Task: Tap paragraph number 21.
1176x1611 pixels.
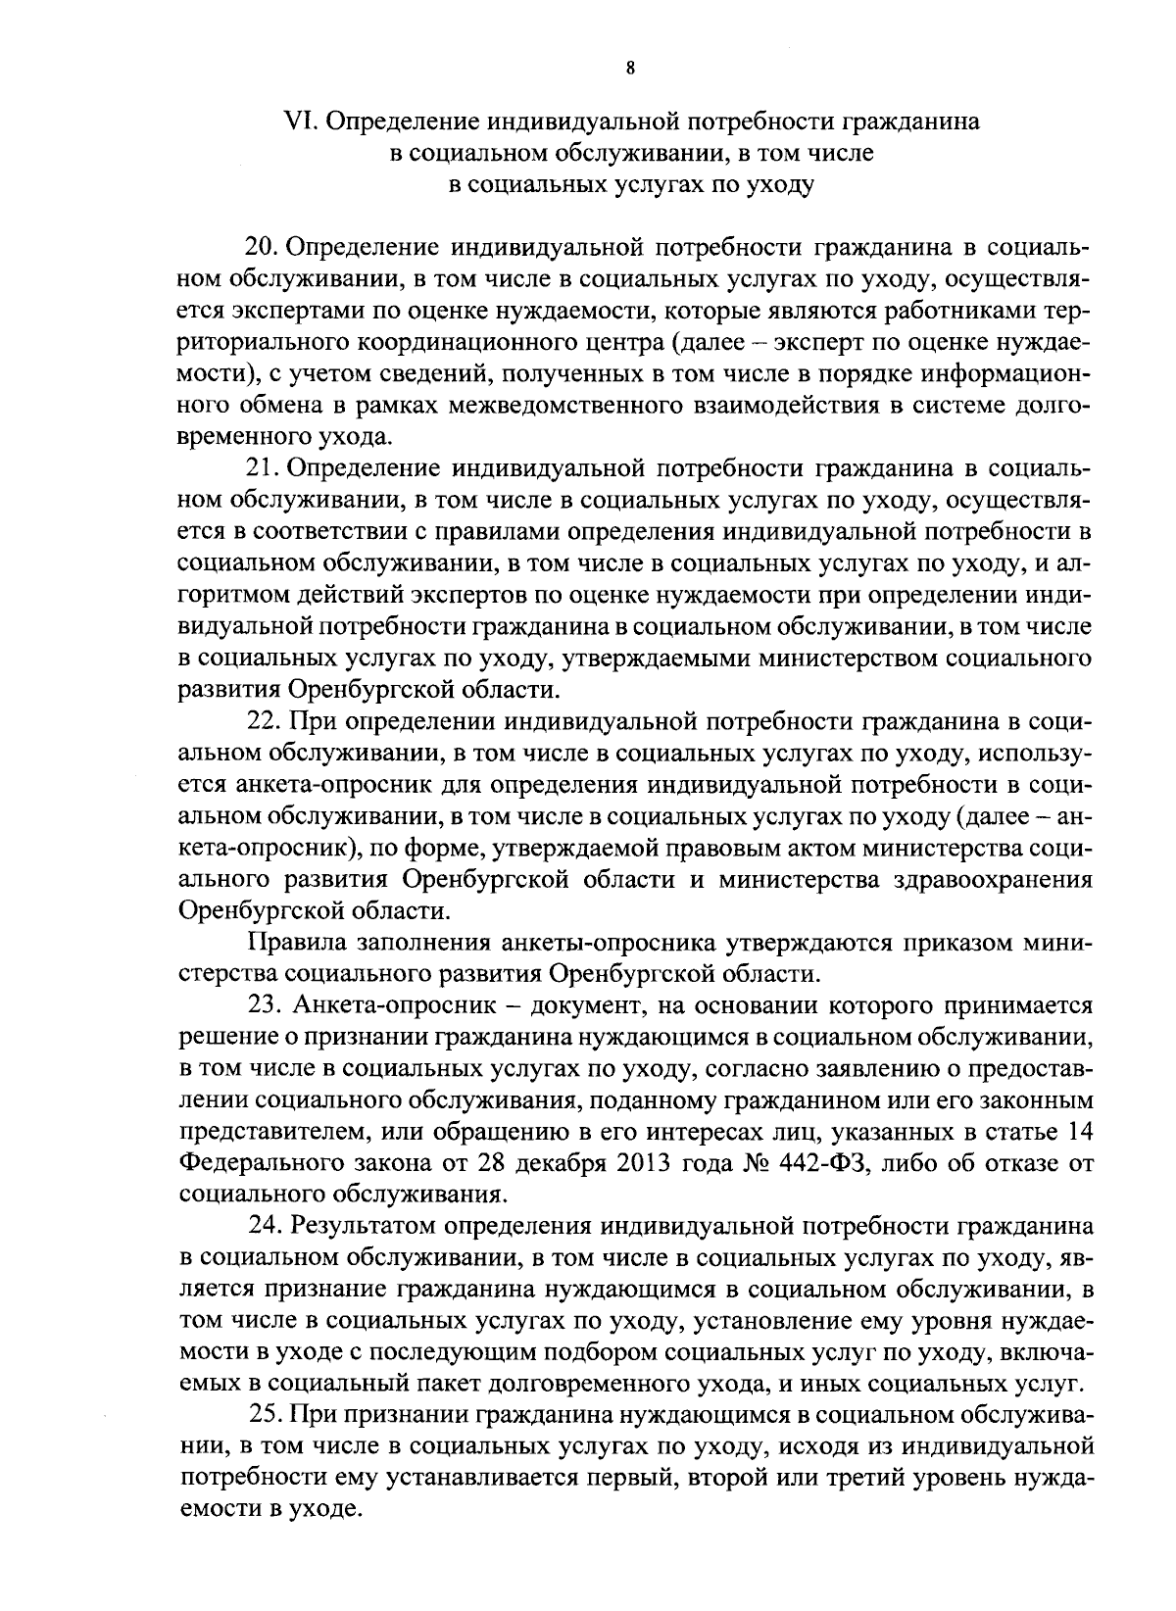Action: point(263,468)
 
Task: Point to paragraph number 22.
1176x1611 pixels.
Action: point(263,722)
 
